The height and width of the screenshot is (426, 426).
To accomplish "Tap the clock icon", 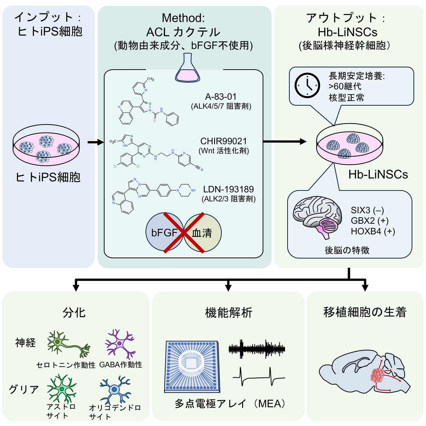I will pyautogui.click(x=307, y=85).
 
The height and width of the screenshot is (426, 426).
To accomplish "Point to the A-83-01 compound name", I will pyautogui.click(x=221, y=97).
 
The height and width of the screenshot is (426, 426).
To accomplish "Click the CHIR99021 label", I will pyautogui.click(x=224, y=141).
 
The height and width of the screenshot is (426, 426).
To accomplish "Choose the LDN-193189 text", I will pyautogui.click(x=228, y=189).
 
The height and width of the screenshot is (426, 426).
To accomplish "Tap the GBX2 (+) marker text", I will pyautogui.click(x=369, y=221).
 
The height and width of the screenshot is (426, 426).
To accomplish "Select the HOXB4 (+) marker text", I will pyautogui.click(x=373, y=231).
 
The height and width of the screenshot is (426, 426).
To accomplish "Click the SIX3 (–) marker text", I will pyautogui.click(x=367, y=210).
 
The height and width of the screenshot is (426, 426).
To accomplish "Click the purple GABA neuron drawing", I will pyautogui.click(x=120, y=344).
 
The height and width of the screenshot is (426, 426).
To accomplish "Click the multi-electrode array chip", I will pyautogui.click(x=192, y=366).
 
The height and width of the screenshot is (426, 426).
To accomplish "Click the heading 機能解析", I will pyautogui.click(x=229, y=313).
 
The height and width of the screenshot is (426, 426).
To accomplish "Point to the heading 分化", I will pyautogui.click(x=74, y=313).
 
